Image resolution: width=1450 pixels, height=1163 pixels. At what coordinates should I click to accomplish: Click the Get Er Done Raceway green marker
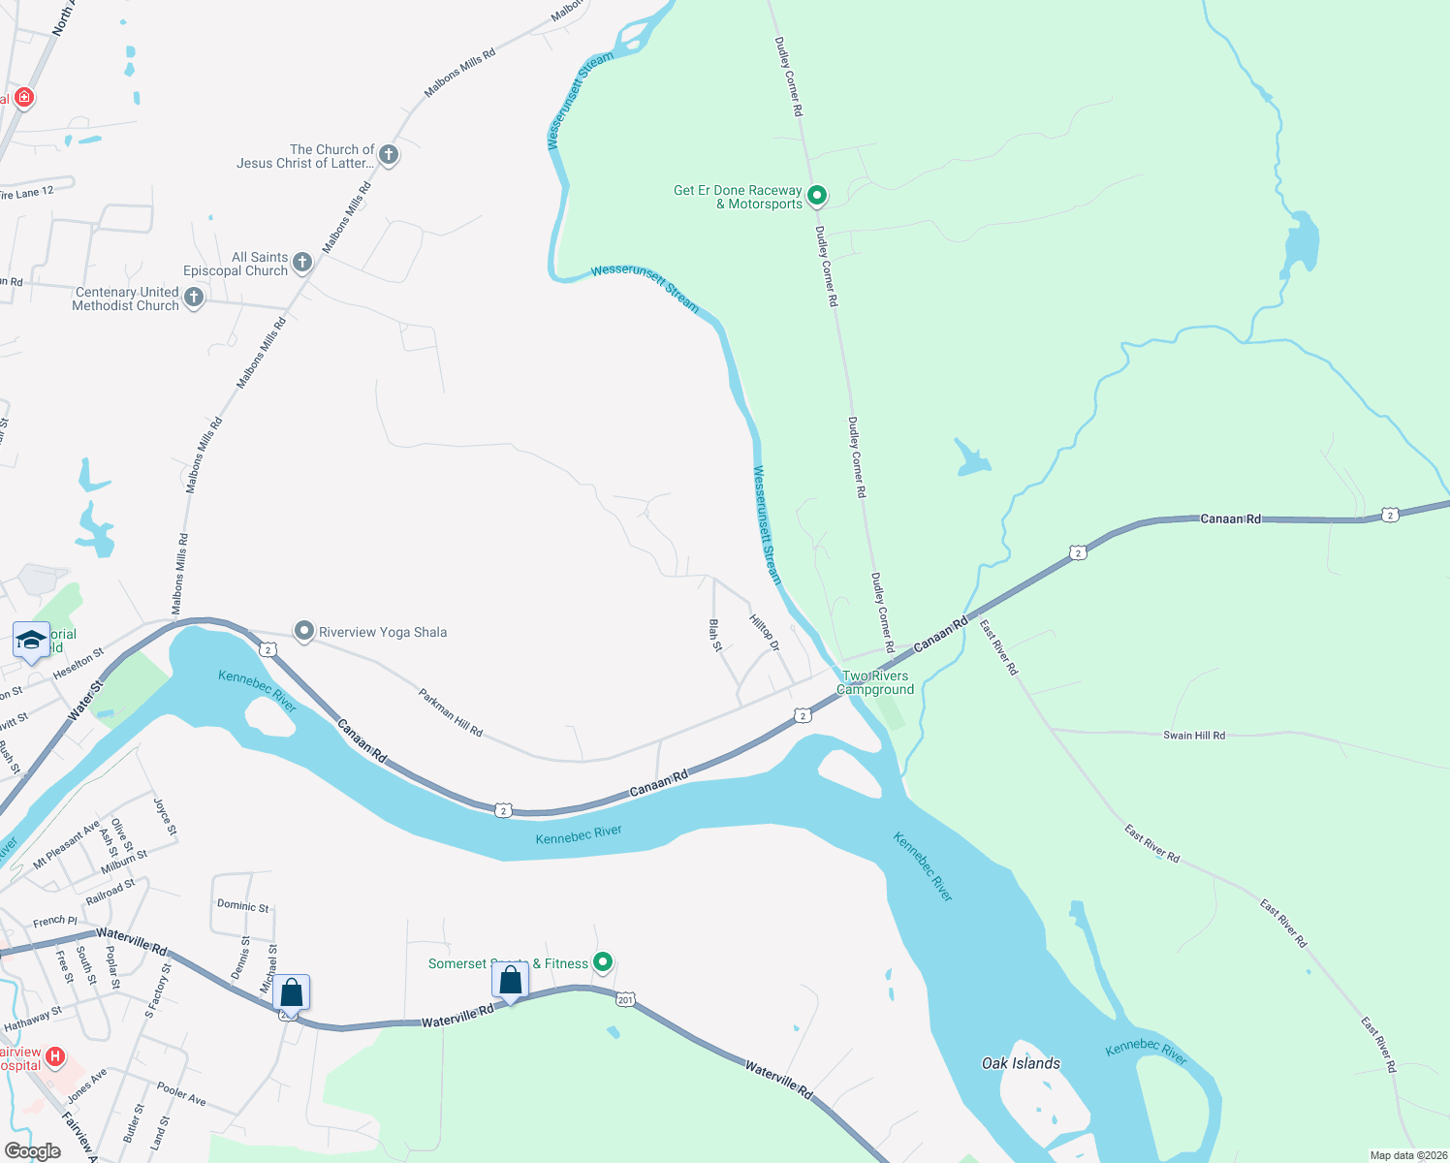coord(817,196)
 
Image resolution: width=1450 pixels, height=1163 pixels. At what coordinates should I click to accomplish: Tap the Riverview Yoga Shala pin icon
coord(304,632)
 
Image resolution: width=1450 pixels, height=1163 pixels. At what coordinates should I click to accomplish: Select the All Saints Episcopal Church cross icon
coord(302,262)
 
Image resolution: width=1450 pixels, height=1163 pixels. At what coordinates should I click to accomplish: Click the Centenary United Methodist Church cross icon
coord(194,298)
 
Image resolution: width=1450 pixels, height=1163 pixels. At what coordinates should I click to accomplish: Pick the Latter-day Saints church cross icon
coord(388,154)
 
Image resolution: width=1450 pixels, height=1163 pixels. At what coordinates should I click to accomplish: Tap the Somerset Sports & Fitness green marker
coord(603,962)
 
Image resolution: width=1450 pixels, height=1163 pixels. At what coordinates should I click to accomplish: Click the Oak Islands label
coord(1021,1063)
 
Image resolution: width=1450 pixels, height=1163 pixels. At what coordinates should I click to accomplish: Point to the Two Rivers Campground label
coord(876,683)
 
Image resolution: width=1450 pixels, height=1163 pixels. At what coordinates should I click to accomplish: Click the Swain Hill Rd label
coord(1193,736)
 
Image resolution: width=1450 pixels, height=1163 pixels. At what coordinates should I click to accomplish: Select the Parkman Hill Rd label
coord(451,712)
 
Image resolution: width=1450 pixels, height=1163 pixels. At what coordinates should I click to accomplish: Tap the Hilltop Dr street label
coord(765,631)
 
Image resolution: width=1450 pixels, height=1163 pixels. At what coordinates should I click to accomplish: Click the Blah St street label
coord(716,635)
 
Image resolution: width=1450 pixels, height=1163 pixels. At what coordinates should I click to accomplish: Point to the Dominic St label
coord(243,906)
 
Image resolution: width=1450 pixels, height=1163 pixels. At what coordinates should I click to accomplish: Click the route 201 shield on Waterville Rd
coord(625,999)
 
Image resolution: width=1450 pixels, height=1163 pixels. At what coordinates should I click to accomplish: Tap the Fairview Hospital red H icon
coord(55,1056)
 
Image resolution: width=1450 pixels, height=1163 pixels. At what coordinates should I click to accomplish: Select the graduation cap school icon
coord(31,641)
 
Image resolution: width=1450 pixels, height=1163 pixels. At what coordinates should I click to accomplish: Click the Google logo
coord(33,1151)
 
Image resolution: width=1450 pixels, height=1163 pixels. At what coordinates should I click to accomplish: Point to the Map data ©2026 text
coord(1408,1155)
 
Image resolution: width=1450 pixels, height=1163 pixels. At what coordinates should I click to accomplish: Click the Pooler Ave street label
coord(182,1094)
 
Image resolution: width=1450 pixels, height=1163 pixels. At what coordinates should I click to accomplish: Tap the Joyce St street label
coord(166,817)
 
